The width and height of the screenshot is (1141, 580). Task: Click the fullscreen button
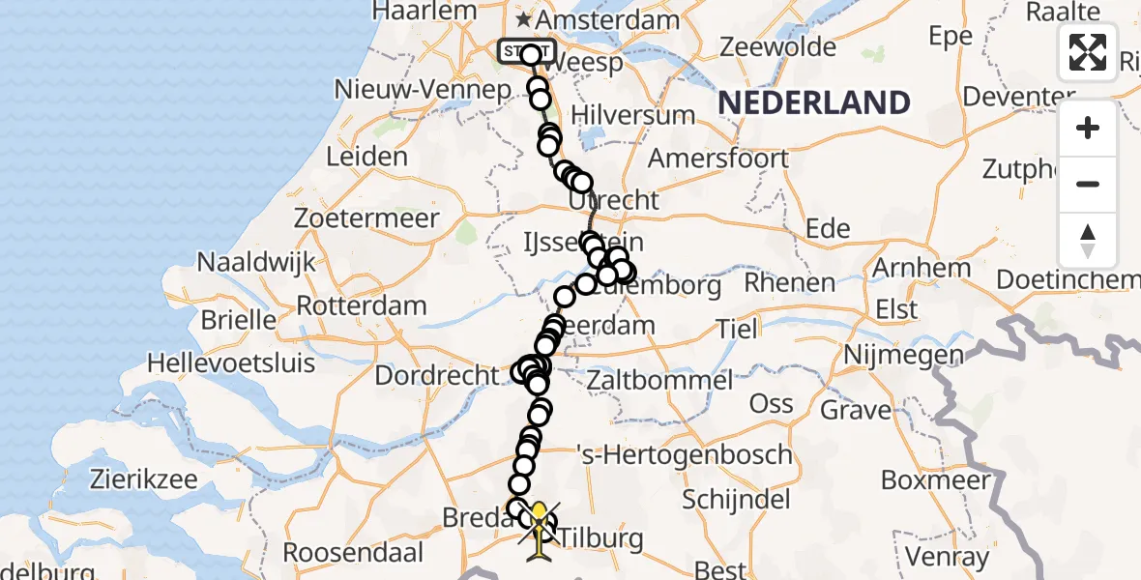pos(1088,52)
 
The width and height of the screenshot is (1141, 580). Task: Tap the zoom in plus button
pos(1088,128)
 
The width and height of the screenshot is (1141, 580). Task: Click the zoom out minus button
pos(1088,184)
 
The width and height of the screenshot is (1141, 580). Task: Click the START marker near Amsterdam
pos(526,50)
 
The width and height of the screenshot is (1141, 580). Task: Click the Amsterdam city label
pos(608,20)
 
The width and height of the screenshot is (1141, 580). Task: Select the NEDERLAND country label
pos(814,102)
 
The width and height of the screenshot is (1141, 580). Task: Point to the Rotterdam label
pos(361,306)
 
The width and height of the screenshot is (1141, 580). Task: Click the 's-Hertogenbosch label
pos(684,454)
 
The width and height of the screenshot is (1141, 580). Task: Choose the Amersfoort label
pos(718,158)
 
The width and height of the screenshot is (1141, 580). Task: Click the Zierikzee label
pos(144,479)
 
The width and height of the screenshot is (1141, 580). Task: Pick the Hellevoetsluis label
pos(231,363)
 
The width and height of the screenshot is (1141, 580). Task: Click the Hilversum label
pos(633,115)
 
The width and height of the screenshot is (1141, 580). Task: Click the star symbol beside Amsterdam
pos(523,19)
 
